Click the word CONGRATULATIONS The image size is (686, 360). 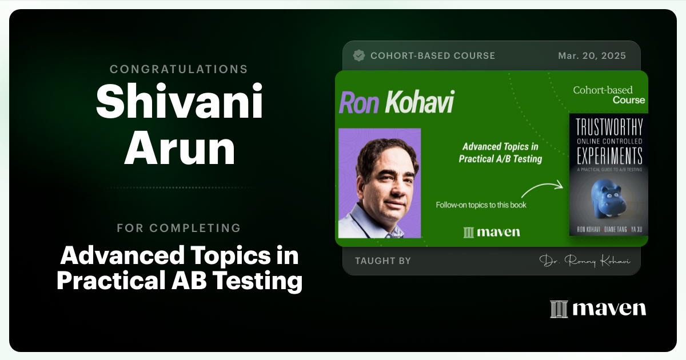(x=179, y=69)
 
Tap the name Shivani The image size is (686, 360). (x=179, y=103)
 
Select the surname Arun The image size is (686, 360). (x=179, y=149)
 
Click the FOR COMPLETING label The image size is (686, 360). (x=179, y=228)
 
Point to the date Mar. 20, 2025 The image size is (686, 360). (x=592, y=55)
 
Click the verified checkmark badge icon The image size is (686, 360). (x=359, y=55)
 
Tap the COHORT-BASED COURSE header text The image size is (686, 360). (x=433, y=55)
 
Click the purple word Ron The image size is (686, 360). (x=359, y=102)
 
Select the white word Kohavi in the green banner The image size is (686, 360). (x=419, y=102)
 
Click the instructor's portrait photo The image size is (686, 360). (x=380, y=183)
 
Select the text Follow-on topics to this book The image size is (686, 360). (x=481, y=205)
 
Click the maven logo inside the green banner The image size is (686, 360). (x=491, y=231)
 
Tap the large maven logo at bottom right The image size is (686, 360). (x=598, y=309)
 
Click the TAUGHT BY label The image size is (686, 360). (x=383, y=261)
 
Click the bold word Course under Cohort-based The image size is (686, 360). (x=628, y=100)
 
